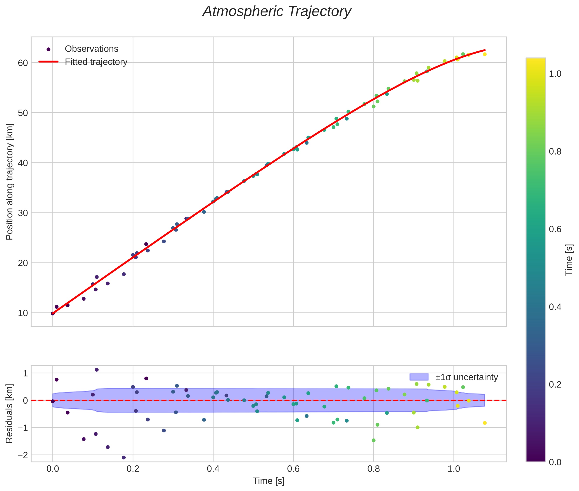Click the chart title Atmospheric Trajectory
pos(277,12)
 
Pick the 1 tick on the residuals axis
pos(25,373)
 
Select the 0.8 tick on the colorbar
pos(555,152)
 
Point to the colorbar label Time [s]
pos(569,259)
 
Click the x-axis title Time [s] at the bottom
pos(269,481)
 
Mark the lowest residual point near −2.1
pos(124,458)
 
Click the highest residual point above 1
pos(97,370)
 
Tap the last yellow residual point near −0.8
pos(485,423)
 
